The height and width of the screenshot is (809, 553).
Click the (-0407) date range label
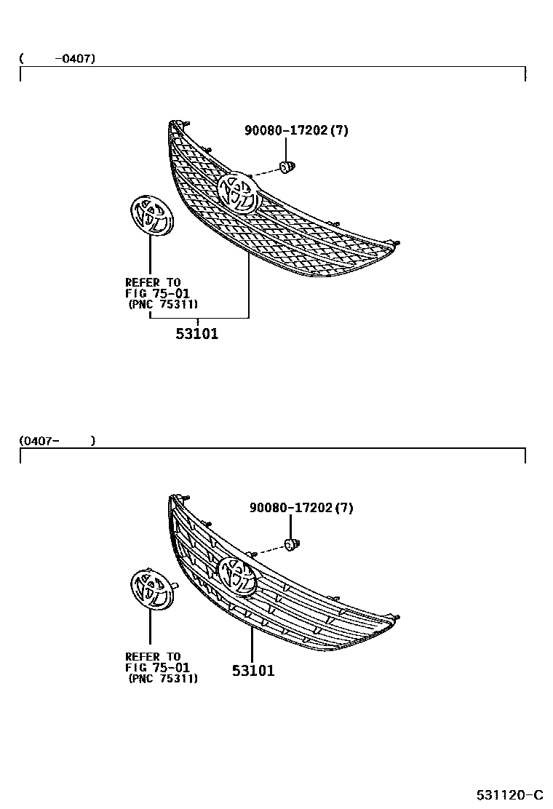[x=57, y=58]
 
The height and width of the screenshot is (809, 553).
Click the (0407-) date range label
[x=57, y=440]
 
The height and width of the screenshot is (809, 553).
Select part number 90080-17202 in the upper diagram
[x=296, y=131]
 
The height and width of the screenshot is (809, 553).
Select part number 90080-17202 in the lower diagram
[x=301, y=508]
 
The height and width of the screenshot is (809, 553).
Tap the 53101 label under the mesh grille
[x=196, y=335]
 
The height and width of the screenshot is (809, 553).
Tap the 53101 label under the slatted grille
[x=253, y=671]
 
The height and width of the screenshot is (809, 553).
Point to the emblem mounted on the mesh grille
[x=239, y=191]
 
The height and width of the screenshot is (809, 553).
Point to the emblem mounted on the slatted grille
[x=239, y=575]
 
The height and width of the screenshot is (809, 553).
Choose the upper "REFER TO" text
[x=153, y=282]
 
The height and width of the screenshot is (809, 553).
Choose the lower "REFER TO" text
[x=153, y=656]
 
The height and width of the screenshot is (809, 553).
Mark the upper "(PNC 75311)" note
[x=163, y=304]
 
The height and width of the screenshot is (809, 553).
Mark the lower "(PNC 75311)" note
[x=163, y=679]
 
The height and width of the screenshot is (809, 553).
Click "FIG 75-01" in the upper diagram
[x=157, y=293]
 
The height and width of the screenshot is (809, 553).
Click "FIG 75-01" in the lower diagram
[x=157, y=667]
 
